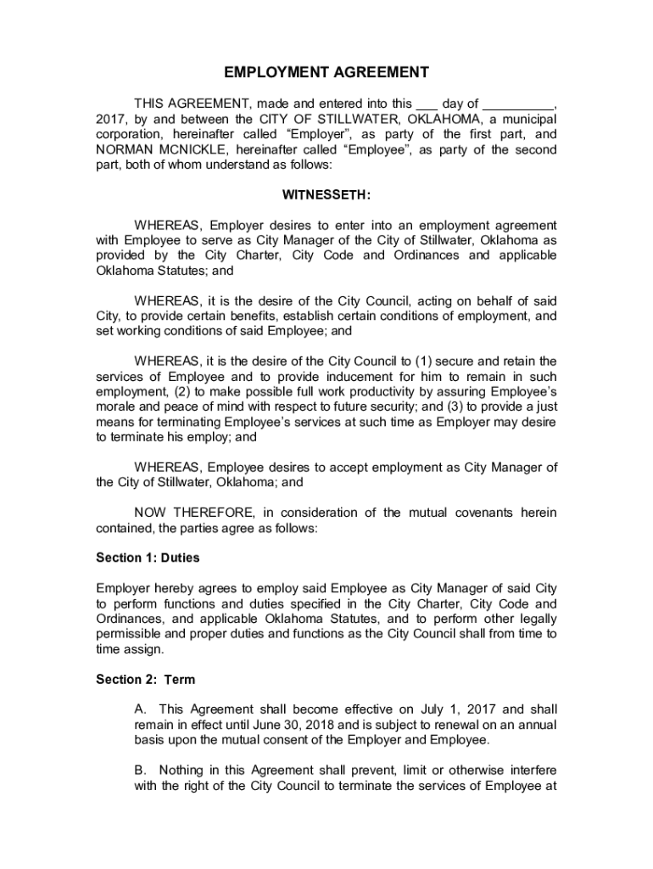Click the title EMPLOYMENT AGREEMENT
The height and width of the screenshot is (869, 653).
point(326,73)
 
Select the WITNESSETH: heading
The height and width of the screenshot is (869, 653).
point(326,195)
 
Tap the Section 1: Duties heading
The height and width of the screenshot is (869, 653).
point(148,558)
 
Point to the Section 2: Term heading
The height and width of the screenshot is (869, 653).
point(145,679)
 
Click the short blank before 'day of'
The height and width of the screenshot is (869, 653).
point(428,104)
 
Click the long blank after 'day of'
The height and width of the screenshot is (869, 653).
point(519,104)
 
